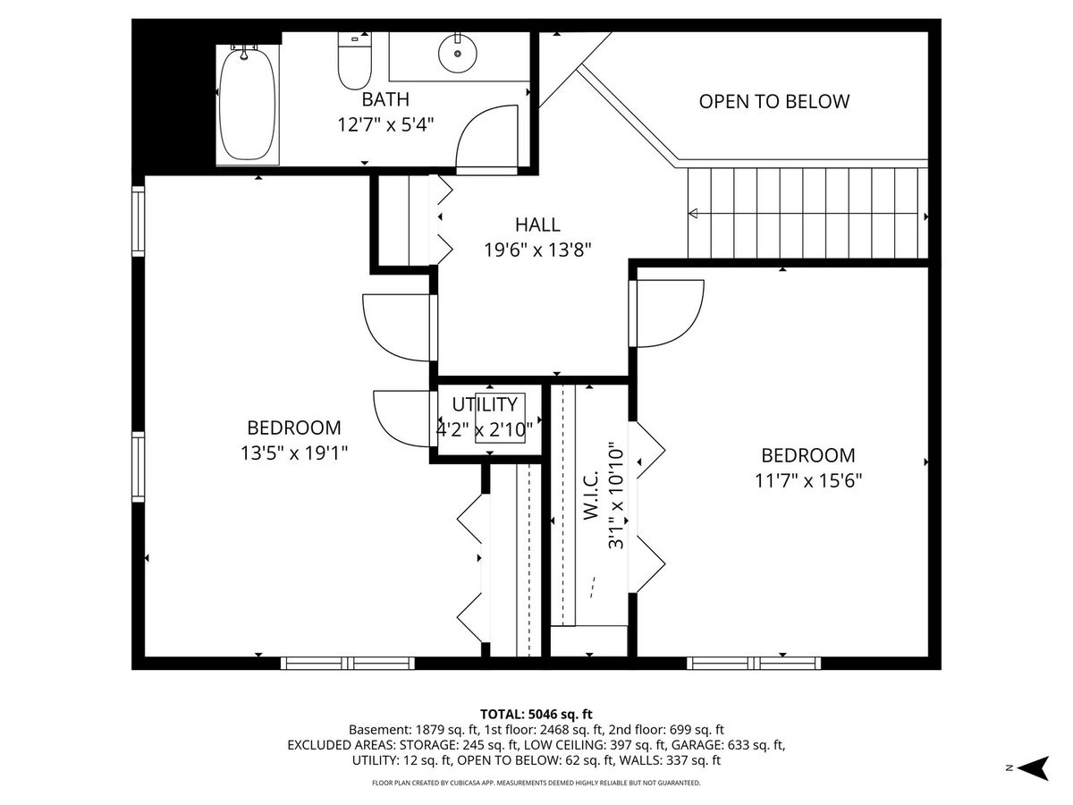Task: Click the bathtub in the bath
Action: [248, 104]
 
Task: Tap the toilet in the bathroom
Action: [355, 61]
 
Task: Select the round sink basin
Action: [457, 54]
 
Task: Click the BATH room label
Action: [385, 99]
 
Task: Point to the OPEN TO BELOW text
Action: [773, 102]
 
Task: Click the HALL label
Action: [537, 225]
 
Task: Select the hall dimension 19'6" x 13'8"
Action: [537, 250]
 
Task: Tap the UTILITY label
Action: [485, 404]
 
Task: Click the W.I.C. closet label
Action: [591, 496]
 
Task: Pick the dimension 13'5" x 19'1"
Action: [294, 453]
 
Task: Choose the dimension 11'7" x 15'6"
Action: [808, 481]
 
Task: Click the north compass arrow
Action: [1035, 767]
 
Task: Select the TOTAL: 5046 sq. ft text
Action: [536, 714]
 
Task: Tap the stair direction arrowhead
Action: [693, 214]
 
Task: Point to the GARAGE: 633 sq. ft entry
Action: [728, 745]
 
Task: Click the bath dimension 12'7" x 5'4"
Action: [385, 125]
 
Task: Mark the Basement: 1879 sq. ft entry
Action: [413, 730]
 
